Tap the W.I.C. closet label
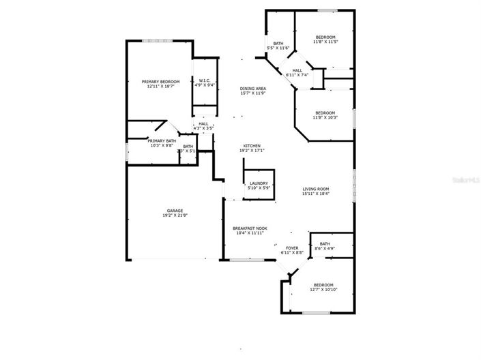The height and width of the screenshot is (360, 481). [x=205, y=80]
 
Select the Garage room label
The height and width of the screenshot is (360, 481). [x=175, y=211]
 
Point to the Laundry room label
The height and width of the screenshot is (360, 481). [x=259, y=183]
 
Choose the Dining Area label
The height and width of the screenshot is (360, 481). [x=252, y=89]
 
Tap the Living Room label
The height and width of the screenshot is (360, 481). [x=316, y=189]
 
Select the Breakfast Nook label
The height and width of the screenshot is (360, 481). [x=250, y=228]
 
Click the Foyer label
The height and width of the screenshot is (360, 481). [x=291, y=248]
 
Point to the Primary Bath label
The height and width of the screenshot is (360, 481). [x=162, y=140]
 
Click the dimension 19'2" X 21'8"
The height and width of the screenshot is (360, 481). [x=176, y=215]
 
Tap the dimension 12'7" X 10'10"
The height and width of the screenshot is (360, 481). [x=323, y=289]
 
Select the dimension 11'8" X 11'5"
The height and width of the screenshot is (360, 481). [x=325, y=42]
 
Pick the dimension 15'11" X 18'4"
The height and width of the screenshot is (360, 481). [x=316, y=194]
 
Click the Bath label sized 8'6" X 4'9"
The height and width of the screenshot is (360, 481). [x=325, y=243]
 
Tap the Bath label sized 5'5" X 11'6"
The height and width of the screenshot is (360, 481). [x=278, y=44]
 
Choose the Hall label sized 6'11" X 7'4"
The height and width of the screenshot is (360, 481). [x=297, y=70]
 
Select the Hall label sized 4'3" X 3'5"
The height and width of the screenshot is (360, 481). [x=203, y=123]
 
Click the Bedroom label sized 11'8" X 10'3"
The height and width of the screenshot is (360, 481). [x=325, y=112]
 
